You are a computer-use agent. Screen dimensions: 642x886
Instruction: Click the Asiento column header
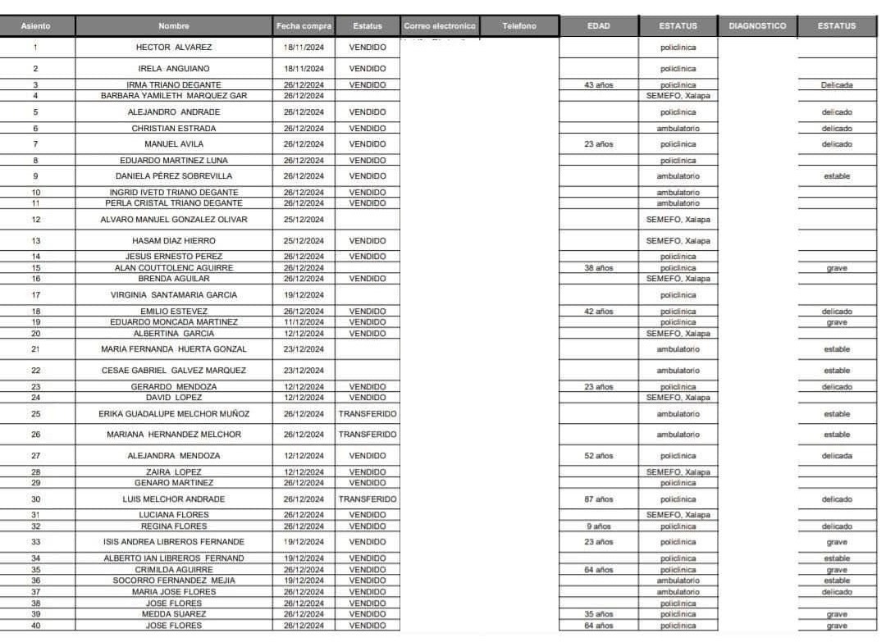tap(35, 26)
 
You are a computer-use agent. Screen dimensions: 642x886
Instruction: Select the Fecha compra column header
tap(304, 26)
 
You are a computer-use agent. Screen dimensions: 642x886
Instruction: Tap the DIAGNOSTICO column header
tap(756, 26)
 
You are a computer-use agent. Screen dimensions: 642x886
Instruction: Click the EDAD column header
tap(598, 26)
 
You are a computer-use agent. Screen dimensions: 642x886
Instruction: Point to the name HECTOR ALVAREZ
tap(174, 48)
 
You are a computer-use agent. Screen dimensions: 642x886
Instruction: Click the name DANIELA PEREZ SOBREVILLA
tap(174, 176)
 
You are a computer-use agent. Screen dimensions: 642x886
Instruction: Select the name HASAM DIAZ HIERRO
tap(174, 241)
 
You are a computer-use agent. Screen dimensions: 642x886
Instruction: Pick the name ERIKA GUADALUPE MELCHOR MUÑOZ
tap(174, 414)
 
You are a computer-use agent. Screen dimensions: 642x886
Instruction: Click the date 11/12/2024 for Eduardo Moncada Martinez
tap(304, 322)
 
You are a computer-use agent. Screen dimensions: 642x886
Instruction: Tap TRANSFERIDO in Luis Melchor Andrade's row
tap(368, 499)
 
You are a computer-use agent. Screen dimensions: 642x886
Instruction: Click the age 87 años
tap(598, 499)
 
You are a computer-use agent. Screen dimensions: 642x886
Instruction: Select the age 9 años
tap(598, 526)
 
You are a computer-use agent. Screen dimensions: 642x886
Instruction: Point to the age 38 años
tap(598, 268)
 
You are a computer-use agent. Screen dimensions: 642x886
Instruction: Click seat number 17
tap(35, 295)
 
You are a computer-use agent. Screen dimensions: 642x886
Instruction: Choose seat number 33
tap(35, 542)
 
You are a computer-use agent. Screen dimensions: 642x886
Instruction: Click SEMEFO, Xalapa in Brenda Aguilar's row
tap(678, 279)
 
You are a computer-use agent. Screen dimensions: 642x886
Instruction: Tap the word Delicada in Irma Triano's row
tap(837, 84)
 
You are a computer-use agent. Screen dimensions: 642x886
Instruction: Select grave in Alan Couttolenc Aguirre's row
tap(837, 268)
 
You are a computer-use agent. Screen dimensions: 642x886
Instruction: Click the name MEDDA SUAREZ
tap(174, 614)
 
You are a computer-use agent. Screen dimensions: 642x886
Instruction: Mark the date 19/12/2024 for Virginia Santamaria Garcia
tap(304, 295)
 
